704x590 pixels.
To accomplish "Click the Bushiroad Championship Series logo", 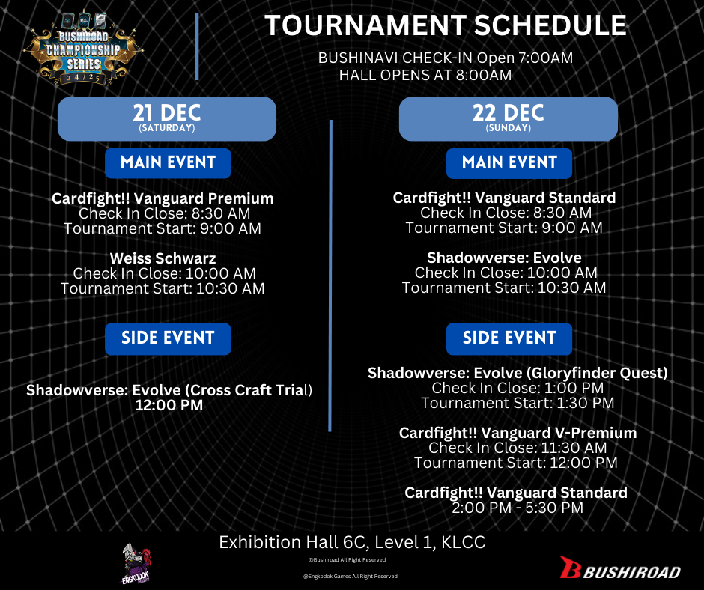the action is [x=84, y=49].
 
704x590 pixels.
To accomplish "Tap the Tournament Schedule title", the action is [x=446, y=25].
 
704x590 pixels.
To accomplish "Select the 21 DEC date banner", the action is [x=167, y=118].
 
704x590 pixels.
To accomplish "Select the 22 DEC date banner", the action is [x=509, y=118].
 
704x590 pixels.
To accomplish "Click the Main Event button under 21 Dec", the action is [x=168, y=162].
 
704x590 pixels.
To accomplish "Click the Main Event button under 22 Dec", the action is [x=509, y=162].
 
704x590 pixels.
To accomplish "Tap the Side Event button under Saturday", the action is [x=168, y=338].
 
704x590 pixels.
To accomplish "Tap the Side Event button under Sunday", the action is [x=509, y=338].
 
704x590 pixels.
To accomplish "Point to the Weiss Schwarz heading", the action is [x=163, y=258].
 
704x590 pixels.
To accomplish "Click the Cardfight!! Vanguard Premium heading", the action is [x=163, y=198].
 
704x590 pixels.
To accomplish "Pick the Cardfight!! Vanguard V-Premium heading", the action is [x=518, y=433].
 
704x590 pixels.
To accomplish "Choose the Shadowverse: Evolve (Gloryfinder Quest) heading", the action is [x=518, y=373].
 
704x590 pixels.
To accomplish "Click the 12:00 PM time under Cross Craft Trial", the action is [x=169, y=405].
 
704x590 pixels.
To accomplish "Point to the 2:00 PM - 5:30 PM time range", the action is [x=518, y=508].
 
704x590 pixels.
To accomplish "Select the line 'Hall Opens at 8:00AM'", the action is [x=425, y=75].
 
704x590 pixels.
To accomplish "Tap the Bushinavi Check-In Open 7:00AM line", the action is [x=446, y=58].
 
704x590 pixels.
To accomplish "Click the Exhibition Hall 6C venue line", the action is [x=352, y=542].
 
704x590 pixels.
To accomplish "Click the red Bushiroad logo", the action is [x=620, y=568].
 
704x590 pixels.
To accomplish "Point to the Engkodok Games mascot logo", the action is [x=137, y=564].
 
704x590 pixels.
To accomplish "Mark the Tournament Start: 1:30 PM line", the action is [x=518, y=404].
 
